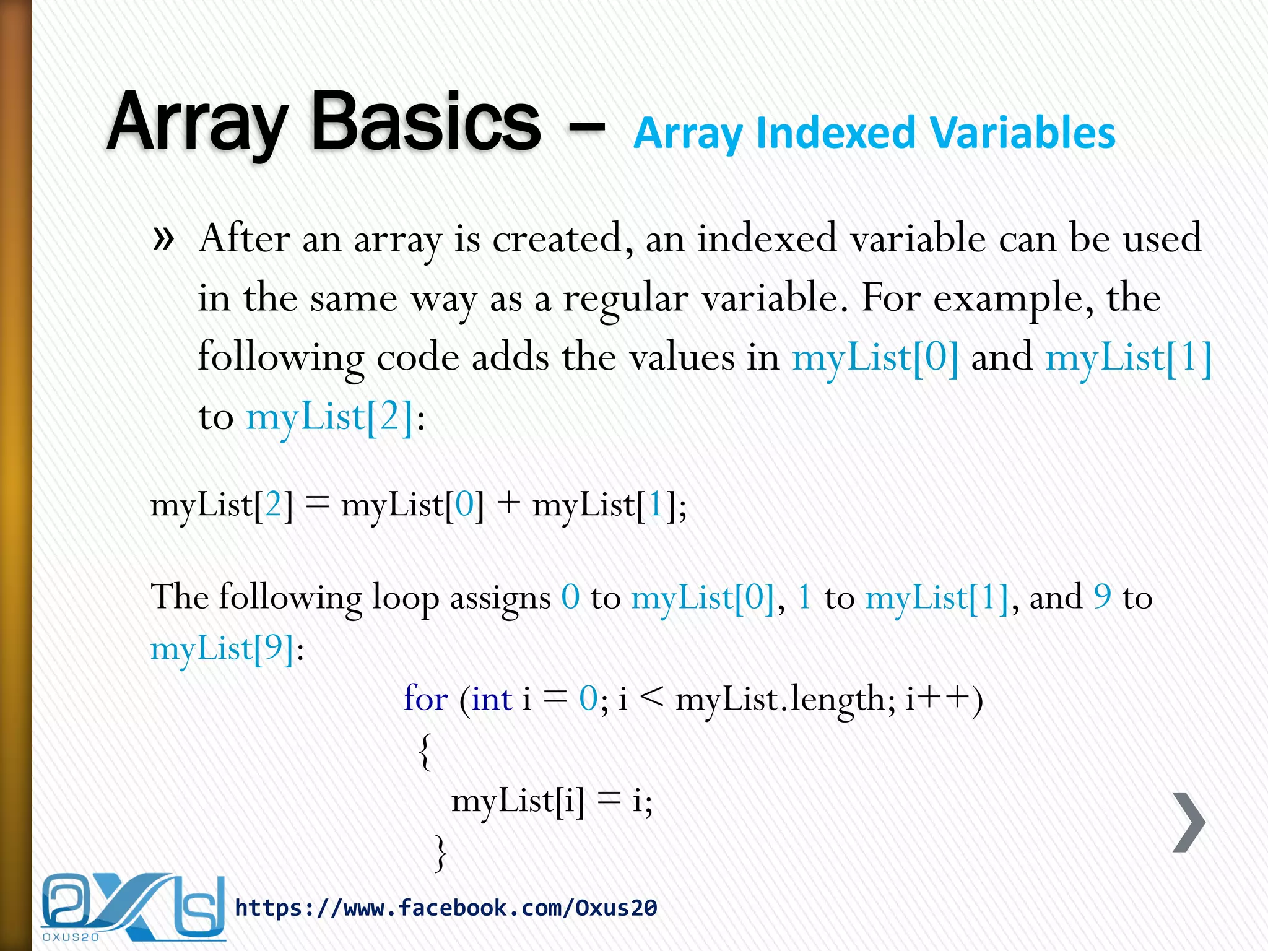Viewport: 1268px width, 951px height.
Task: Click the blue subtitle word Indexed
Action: coord(836,134)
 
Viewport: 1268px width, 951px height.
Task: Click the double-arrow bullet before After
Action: coord(163,238)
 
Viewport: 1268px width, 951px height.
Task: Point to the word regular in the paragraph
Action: coord(625,298)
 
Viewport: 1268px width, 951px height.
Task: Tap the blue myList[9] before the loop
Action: coord(222,649)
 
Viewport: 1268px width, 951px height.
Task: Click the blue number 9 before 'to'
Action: coord(1103,597)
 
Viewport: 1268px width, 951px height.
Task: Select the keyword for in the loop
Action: coord(426,698)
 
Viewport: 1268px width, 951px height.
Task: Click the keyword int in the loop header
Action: coord(492,699)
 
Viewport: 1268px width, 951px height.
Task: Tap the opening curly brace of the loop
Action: coord(425,751)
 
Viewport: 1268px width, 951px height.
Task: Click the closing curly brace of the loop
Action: coord(440,853)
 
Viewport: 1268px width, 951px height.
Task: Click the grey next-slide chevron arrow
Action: coord(1189,822)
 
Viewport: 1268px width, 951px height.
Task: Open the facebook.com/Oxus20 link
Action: coord(446,908)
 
